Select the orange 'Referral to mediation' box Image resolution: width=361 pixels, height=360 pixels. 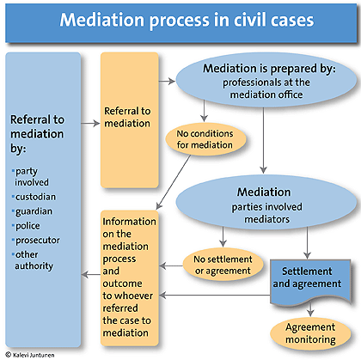[x=130, y=116]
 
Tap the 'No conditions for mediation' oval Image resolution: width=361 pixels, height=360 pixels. [x=203, y=138]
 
